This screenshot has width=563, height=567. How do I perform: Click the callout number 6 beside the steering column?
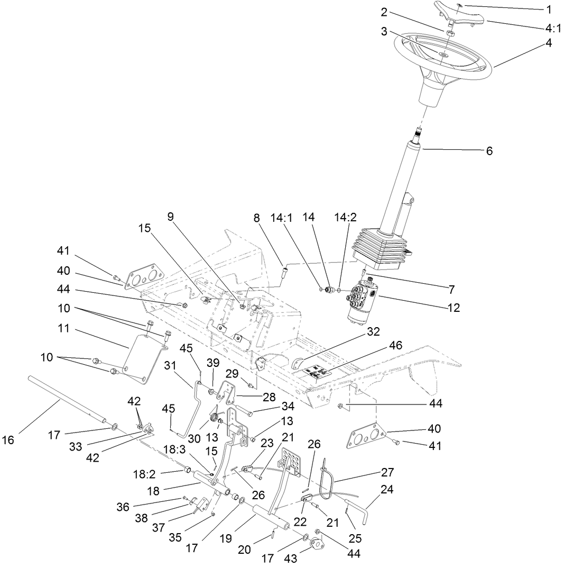point(489,151)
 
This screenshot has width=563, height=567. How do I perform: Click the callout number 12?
point(453,307)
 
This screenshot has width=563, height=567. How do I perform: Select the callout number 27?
point(387,472)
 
